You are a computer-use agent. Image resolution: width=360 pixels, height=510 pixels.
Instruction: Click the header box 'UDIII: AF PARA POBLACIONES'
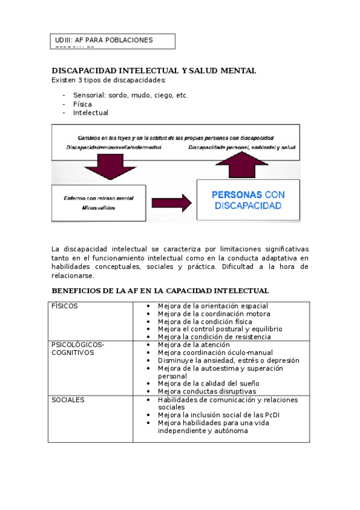coord(113,41)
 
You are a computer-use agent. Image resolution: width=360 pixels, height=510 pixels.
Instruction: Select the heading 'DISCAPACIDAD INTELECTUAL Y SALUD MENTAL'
coord(154,71)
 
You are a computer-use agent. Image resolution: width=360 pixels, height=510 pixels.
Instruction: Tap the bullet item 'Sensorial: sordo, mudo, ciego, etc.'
coord(130,95)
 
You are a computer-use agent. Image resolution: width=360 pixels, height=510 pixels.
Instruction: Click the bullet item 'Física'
coord(82,104)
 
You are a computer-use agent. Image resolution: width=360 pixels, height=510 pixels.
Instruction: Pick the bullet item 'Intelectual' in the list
coord(90,112)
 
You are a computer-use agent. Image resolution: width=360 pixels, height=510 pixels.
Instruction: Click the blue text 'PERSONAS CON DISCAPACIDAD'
coord(248,200)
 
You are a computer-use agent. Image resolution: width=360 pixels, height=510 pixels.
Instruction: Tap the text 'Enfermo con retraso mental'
coord(98,198)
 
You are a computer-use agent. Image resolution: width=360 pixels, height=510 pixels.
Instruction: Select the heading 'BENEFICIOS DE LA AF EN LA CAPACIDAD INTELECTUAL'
coord(160,290)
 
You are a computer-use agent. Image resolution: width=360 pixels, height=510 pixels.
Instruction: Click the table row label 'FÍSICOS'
coord(64,306)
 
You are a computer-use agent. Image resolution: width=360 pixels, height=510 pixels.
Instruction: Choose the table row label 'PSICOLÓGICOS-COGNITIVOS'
coord(78,349)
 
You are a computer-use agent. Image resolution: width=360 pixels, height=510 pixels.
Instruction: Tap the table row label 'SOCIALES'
coord(68,399)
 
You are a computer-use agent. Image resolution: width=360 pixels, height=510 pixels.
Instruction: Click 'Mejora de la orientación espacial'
coord(213,306)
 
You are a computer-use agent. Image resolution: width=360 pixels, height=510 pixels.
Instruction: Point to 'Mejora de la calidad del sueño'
coord(208,384)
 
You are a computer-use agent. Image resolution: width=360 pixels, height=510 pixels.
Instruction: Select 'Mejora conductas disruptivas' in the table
coord(206,392)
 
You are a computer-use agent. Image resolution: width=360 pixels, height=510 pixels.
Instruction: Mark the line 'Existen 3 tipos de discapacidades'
coord(109,80)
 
